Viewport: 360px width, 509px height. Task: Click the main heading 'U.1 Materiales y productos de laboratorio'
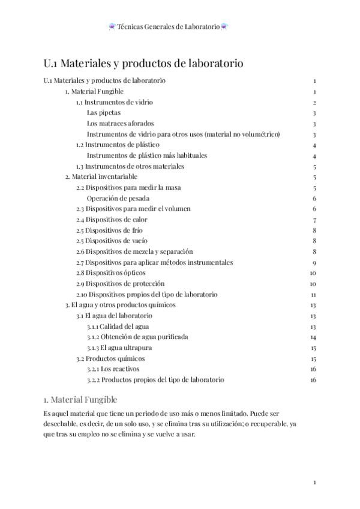coord(143,63)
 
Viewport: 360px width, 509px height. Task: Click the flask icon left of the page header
coord(112,26)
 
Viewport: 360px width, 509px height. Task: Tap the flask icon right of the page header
coord(224,26)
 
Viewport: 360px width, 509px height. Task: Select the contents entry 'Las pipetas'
coord(103,112)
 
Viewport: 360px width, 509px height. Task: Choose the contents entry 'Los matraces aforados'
coord(120,123)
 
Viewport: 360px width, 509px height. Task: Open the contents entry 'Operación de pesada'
coord(118,198)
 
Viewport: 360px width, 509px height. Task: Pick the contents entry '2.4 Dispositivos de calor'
coord(112,220)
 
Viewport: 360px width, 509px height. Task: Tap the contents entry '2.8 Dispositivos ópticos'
coord(110,273)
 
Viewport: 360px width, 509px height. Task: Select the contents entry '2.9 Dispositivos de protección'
coord(120,283)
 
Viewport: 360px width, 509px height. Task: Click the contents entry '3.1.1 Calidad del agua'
coord(118,327)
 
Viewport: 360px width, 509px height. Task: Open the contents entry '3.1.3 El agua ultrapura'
coord(119,348)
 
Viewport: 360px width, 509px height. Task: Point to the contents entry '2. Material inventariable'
coord(101,176)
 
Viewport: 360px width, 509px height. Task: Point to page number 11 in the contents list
coord(313,294)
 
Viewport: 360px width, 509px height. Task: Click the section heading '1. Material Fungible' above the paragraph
coord(80,399)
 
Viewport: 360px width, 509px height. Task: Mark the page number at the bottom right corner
coord(314,482)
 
